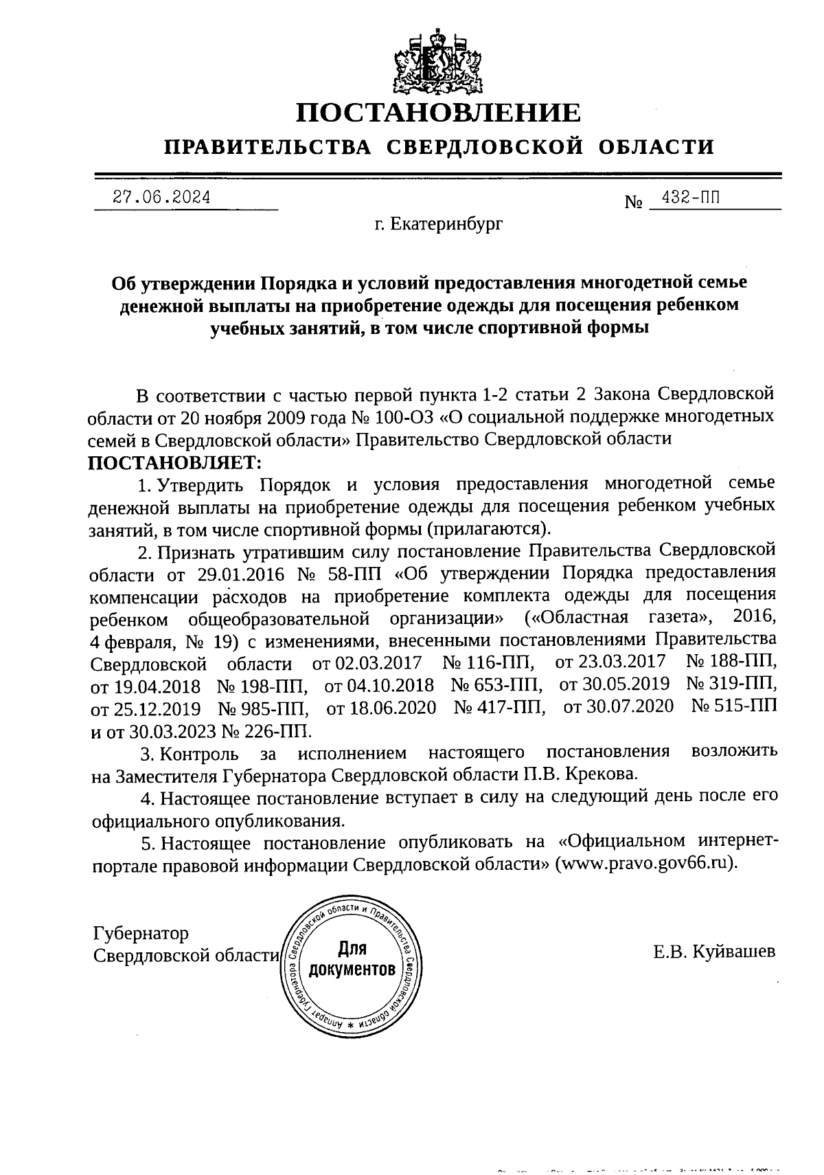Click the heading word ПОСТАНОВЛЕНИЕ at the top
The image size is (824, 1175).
tap(437, 112)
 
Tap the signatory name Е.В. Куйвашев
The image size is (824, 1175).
tap(714, 952)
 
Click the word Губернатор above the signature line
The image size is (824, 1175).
tap(140, 934)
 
